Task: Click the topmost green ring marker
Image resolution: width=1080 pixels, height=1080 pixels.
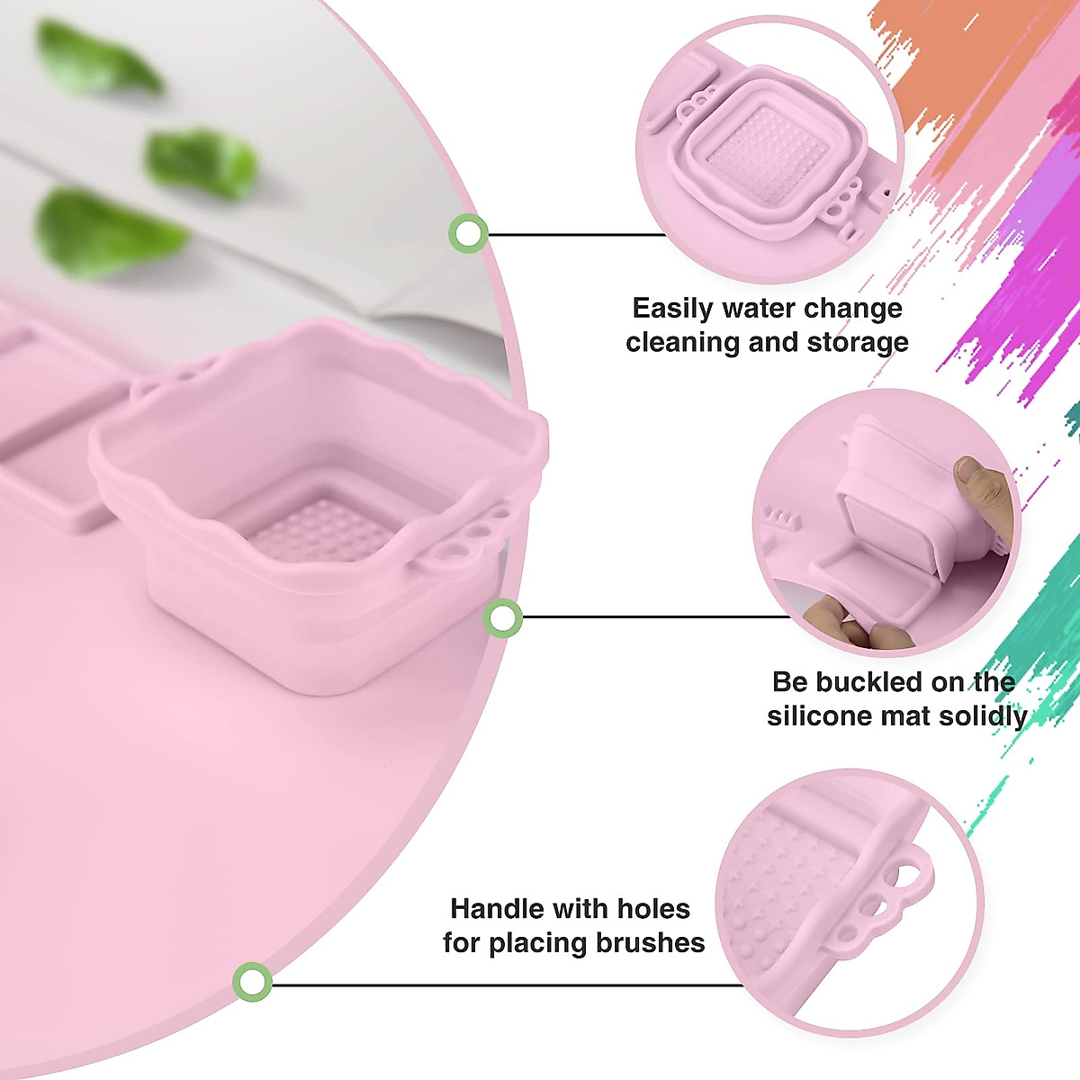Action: [x=468, y=234]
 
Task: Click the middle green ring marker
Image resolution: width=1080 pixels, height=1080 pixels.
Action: [x=502, y=618]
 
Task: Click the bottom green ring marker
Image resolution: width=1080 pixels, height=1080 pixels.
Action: [x=253, y=981]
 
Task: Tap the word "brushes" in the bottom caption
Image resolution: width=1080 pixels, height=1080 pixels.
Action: [x=649, y=943]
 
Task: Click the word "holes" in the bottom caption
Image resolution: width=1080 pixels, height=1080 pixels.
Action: [x=648, y=909]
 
